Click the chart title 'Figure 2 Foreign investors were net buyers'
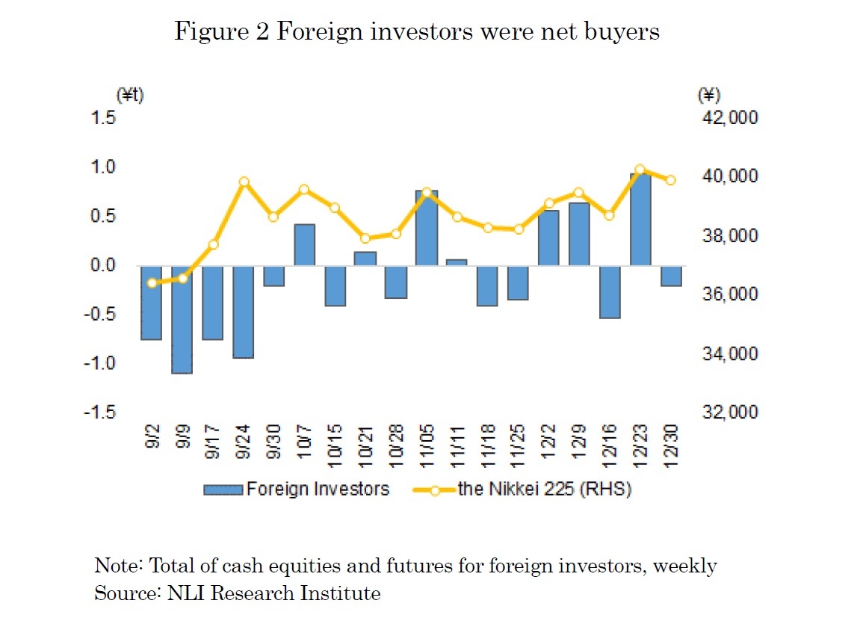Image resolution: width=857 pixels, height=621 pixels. pyautogui.click(x=416, y=31)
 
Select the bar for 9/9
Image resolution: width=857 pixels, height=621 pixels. pyautogui.click(x=182, y=319)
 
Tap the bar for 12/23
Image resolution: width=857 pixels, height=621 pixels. pyautogui.click(x=640, y=220)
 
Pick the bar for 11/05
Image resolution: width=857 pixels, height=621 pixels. pyautogui.click(x=426, y=228)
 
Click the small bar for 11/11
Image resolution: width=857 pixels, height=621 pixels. pyautogui.click(x=457, y=262)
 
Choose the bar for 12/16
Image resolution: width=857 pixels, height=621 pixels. pyautogui.click(x=610, y=291)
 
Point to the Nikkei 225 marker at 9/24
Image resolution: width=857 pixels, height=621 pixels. pyautogui.click(x=244, y=182)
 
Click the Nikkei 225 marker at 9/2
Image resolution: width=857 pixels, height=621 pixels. pyautogui.click(x=152, y=283)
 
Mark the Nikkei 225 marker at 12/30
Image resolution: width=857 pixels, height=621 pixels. pyautogui.click(x=670, y=180)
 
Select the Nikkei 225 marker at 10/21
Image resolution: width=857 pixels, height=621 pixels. pyautogui.click(x=365, y=238)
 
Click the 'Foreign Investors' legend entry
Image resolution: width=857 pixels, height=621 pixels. pyautogui.click(x=297, y=489)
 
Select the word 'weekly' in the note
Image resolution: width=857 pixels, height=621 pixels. pyautogui.click(x=684, y=566)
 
